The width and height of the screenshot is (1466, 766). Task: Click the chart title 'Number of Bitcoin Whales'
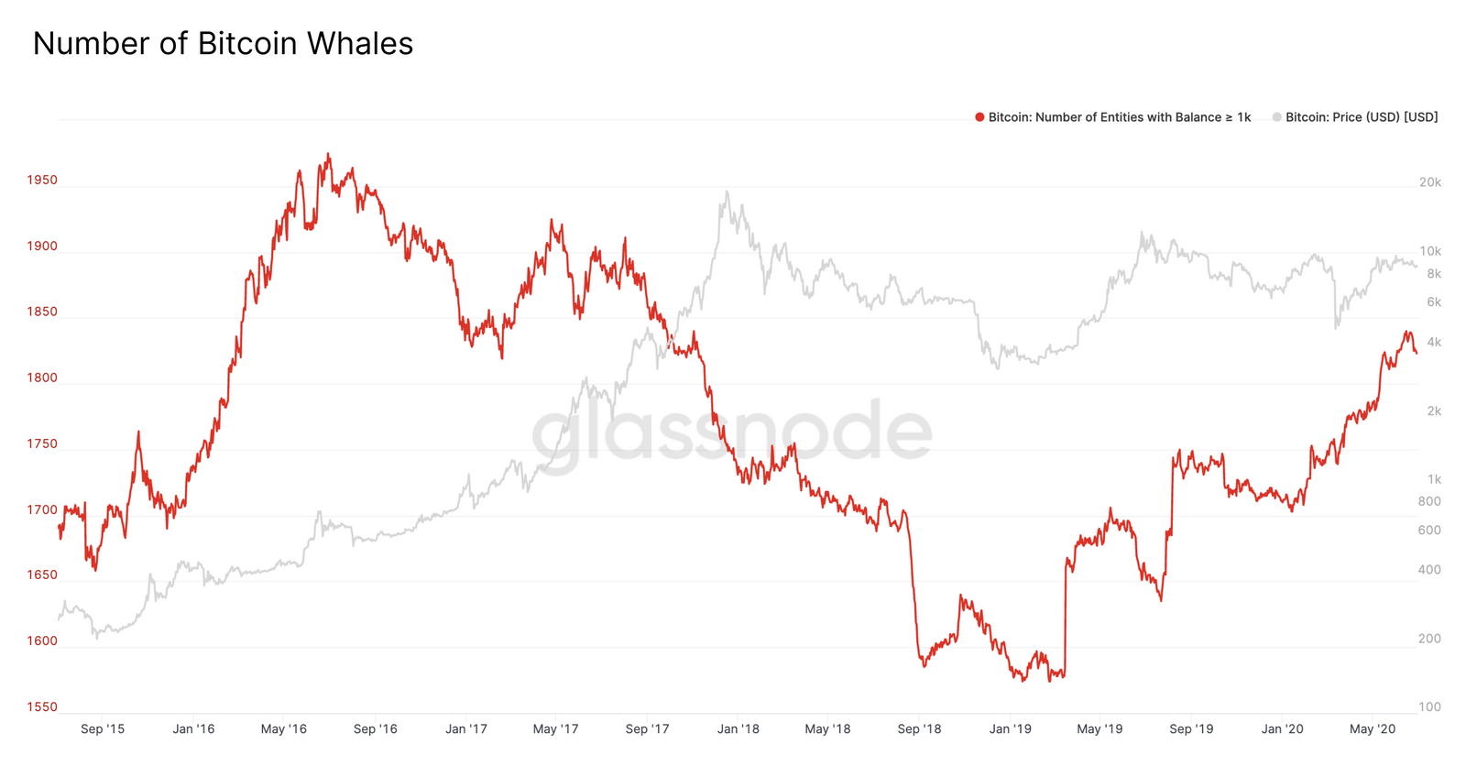point(223,44)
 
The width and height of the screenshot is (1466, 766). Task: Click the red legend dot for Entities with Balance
point(979,117)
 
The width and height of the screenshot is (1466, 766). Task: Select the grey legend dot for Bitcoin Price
point(1276,117)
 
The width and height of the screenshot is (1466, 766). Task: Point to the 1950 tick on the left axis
point(42,180)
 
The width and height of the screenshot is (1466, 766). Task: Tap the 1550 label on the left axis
point(42,706)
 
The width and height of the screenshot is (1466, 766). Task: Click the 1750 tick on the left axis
point(42,443)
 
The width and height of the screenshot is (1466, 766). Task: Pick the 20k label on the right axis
point(1429,182)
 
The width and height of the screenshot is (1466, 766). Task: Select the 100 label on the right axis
point(1429,706)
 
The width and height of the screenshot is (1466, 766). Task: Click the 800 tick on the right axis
point(1429,501)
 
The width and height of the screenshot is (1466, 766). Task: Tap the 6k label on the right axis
point(1433,302)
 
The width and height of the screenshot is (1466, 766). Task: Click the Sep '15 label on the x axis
point(103,729)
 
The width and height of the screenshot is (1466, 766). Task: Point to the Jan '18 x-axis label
point(738,729)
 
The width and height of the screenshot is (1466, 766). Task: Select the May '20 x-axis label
point(1373,729)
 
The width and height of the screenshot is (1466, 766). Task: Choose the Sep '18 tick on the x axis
point(919,729)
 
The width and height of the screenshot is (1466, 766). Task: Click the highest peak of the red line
point(329,154)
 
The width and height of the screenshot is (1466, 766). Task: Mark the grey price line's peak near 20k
point(727,191)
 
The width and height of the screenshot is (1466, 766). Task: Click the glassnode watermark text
point(732,432)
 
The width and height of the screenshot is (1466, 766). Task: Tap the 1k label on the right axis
point(1434,479)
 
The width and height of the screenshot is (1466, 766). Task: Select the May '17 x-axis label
point(556,729)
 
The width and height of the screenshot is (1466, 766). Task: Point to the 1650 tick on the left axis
point(42,574)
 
